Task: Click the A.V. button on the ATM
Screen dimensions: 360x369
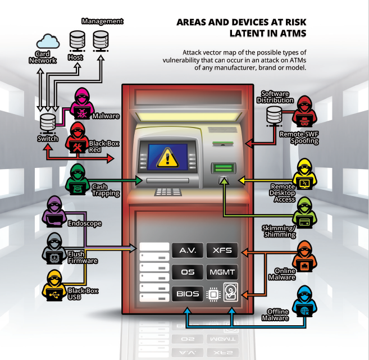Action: pyautogui.click(x=188, y=250)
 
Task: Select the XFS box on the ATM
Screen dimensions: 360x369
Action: pyautogui.click(x=222, y=250)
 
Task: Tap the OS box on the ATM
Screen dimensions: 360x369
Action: pyautogui.click(x=188, y=272)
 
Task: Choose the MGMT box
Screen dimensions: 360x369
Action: pyautogui.click(x=222, y=272)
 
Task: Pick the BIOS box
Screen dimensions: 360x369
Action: pyautogui.click(x=188, y=293)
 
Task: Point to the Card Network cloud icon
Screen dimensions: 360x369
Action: pyautogui.click(x=48, y=41)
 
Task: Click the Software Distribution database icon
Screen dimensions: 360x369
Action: pyautogui.click(x=274, y=116)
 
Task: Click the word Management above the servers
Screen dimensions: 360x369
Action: pyautogui.click(x=102, y=21)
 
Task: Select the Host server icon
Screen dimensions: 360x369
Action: pyautogui.click(x=76, y=41)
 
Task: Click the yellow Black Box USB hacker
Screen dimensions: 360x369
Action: pyautogui.click(x=55, y=285)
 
